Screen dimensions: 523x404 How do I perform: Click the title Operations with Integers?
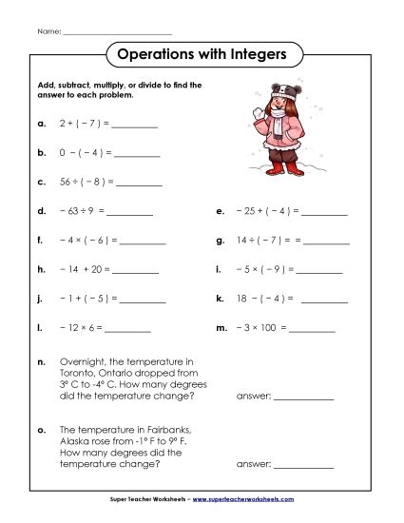(x=201, y=54)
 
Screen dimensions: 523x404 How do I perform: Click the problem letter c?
(x=42, y=181)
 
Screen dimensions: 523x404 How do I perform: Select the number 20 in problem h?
(x=95, y=270)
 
